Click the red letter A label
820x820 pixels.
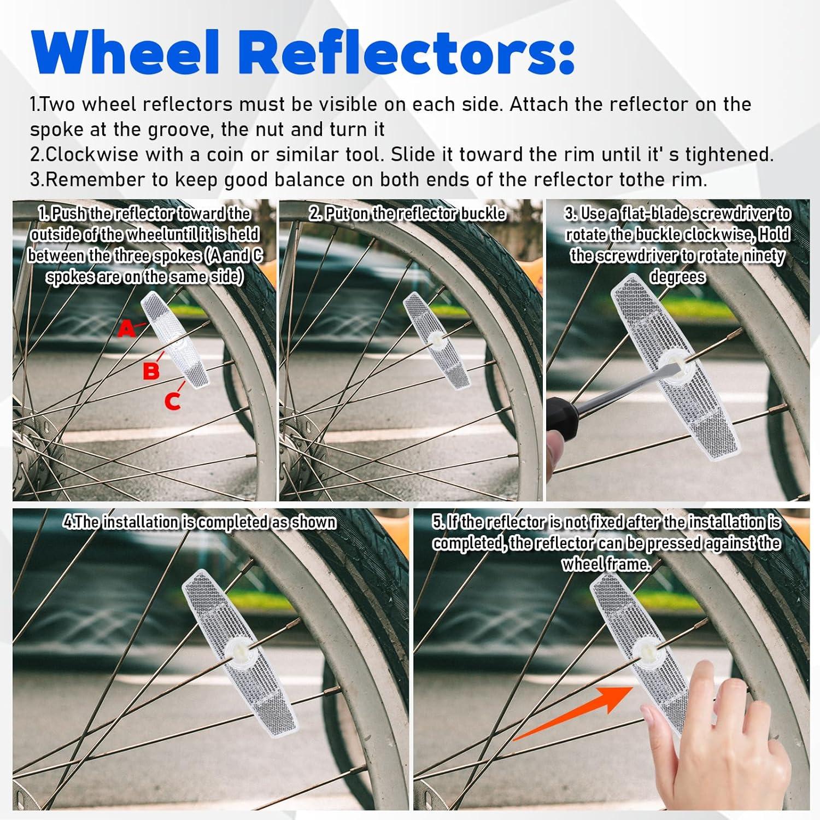(x=126, y=329)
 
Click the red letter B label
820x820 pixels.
(x=151, y=371)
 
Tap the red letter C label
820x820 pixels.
(x=172, y=401)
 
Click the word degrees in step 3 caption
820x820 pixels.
(x=677, y=277)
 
